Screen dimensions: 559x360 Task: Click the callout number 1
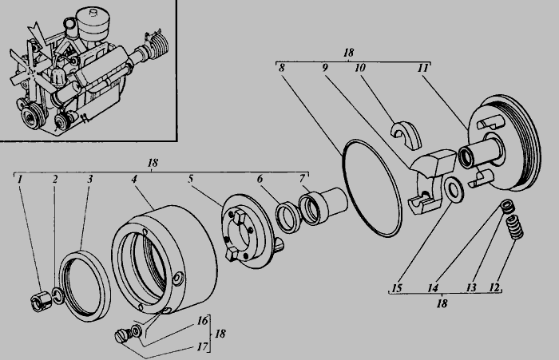pos(20,179)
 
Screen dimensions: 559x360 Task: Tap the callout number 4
pos(133,179)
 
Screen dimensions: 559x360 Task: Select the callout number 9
pos(324,68)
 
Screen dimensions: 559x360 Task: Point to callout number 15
pos(397,288)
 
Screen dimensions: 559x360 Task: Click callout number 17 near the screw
pos(202,346)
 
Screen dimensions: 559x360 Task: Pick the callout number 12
pos(494,287)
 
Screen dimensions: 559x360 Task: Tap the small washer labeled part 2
pos(58,296)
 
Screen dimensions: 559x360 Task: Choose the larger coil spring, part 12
pos(515,227)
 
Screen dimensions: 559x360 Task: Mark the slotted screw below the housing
pos(122,336)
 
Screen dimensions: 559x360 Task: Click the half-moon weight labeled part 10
pos(406,135)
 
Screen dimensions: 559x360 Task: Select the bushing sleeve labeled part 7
pos(323,208)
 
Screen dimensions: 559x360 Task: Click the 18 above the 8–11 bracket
pos(349,53)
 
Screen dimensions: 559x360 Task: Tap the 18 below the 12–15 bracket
pos(442,303)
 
